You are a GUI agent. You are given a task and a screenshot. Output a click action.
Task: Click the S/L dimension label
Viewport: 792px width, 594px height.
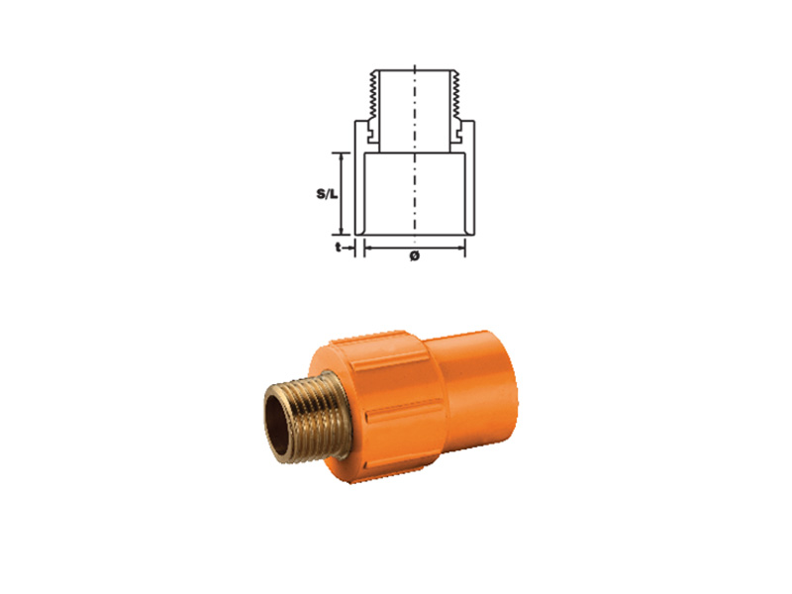pyautogui.click(x=327, y=193)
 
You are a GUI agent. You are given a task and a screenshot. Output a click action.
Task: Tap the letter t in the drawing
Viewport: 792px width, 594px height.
pyautogui.click(x=339, y=247)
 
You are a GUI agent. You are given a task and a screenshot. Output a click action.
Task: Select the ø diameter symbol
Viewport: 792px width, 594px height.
pyautogui.click(x=414, y=255)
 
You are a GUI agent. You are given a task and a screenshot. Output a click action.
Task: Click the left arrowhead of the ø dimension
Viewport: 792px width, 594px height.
pyautogui.click(x=368, y=247)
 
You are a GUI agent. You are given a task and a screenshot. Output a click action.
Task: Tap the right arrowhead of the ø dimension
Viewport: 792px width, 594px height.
pyautogui.click(x=460, y=247)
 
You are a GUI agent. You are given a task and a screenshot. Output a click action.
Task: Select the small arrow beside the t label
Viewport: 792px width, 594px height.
pyautogui.click(x=348, y=247)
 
